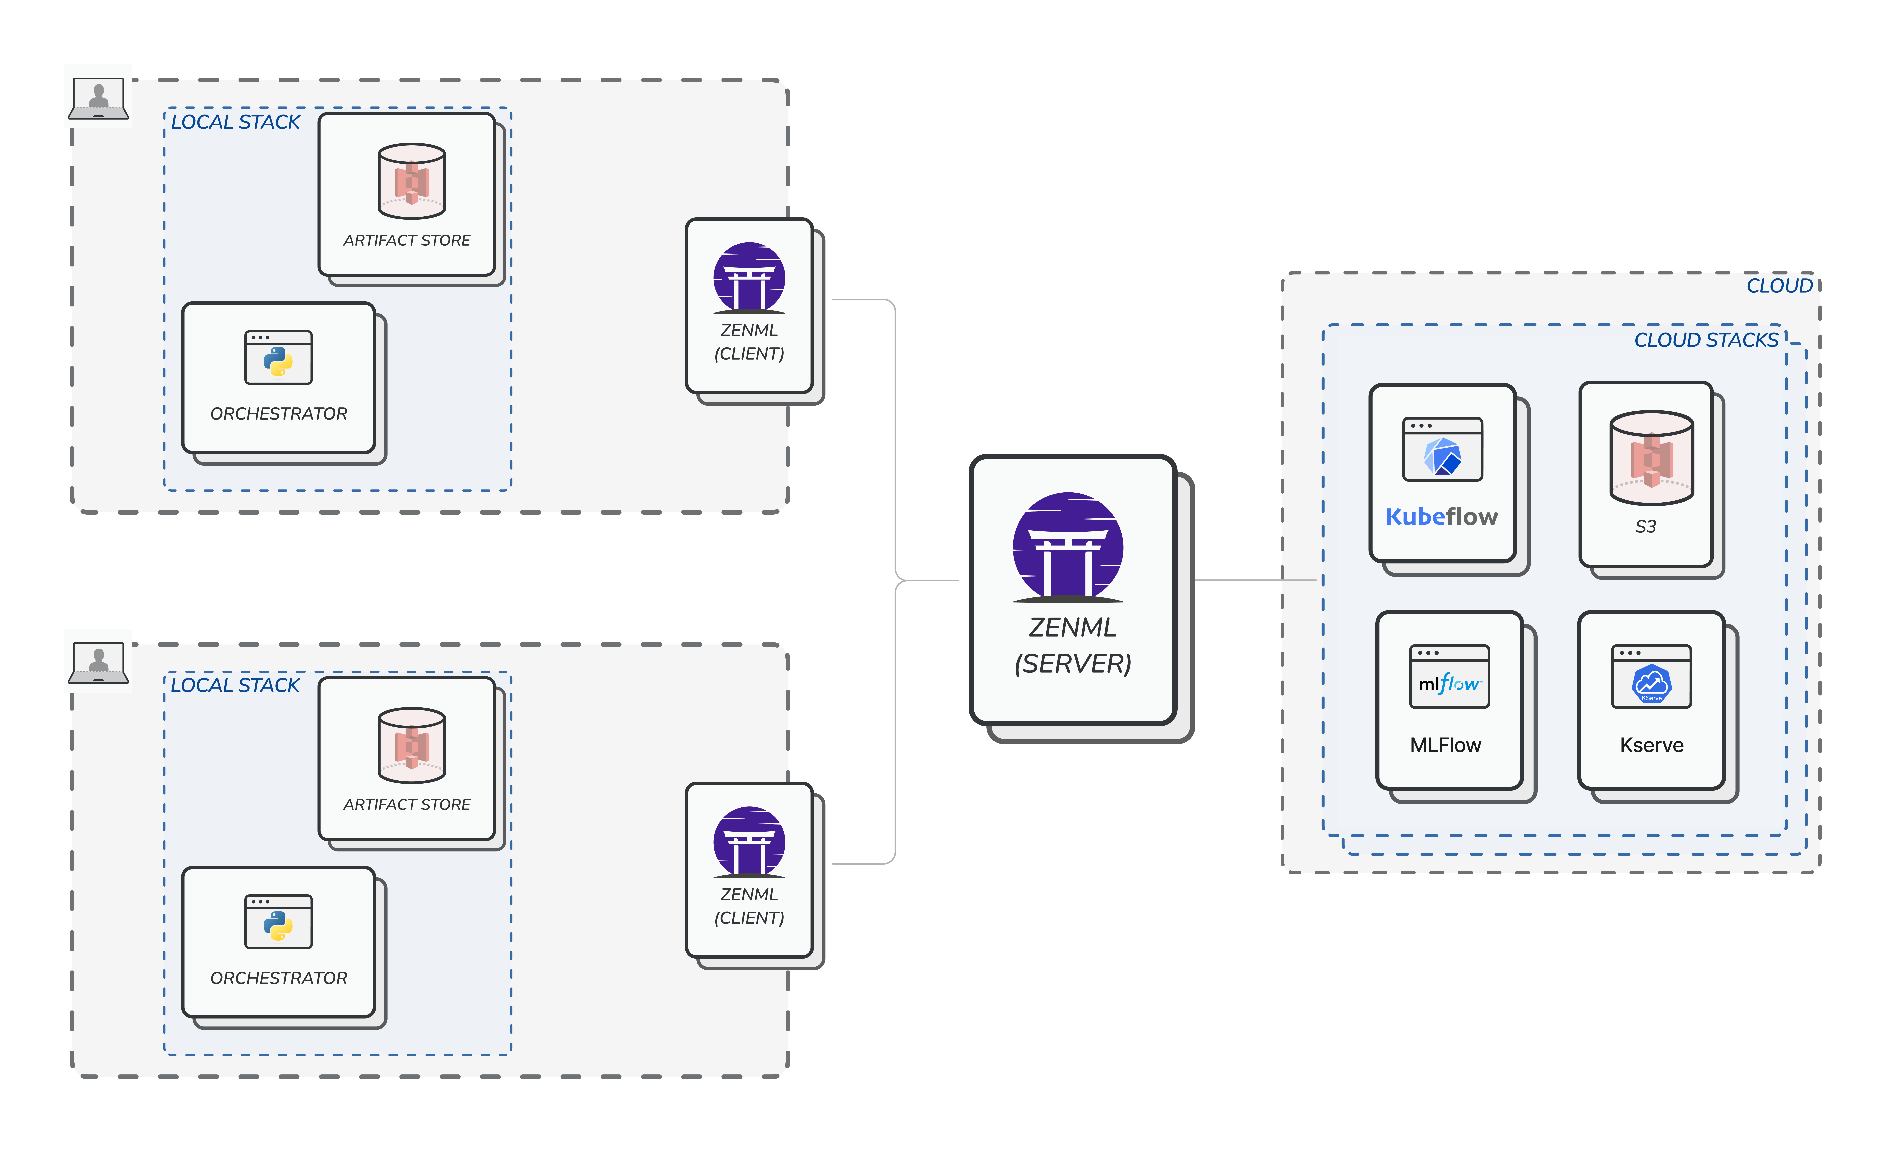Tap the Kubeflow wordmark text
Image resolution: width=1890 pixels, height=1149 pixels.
[x=1441, y=517]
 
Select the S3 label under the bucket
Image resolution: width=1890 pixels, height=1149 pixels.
[x=1645, y=526]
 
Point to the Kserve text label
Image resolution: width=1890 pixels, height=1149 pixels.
[x=1651, y=745]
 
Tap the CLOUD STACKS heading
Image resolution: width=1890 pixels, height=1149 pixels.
[x=1706, y=340]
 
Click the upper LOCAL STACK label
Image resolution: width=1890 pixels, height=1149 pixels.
[x=236, y=122]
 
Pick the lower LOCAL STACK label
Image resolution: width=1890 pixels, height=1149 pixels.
[x=236, y=685]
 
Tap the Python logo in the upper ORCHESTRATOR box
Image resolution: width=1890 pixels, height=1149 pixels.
[x=278, y=361]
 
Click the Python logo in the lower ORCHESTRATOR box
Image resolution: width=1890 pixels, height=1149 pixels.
[x=278, y=926]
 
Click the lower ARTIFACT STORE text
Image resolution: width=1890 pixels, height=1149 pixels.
[x=406, y=805]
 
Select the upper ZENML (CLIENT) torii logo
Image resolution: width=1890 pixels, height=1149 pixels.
[x=749, y=278]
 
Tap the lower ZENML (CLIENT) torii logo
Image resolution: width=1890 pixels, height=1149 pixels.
[x=749, y=842]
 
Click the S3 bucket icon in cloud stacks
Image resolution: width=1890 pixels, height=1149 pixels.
[x=1651, y=458]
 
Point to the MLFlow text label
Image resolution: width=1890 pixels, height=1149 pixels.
[x=1445, y=745]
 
